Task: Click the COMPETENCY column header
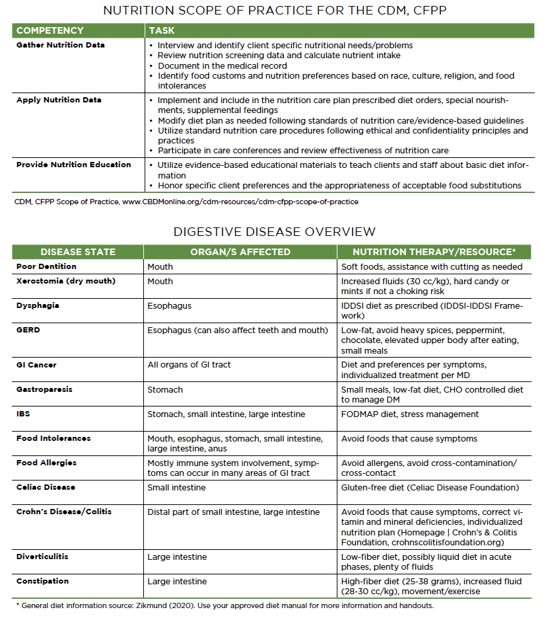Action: [x=50, y=30]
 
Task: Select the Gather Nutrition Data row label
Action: [x=61, y=45]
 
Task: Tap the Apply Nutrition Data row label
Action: [x=59, y=100]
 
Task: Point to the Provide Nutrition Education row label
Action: [x=74, y=165]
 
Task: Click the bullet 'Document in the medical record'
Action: [x=222, y=65]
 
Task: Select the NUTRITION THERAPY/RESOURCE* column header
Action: [x=434, y=252]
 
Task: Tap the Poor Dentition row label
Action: [x=46, y=266]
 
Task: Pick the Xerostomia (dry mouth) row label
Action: [x=66, y=281]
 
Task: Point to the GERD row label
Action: [x=28, y=330]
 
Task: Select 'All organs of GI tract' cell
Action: [x=189, y=364]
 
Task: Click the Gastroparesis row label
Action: [x=44, y=389]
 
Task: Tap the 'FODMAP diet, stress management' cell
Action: [x=410, y=414]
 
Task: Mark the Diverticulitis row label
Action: [x=43, y=557]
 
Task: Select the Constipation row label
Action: [x=43, y=581]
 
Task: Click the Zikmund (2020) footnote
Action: [x=225, y=605]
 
